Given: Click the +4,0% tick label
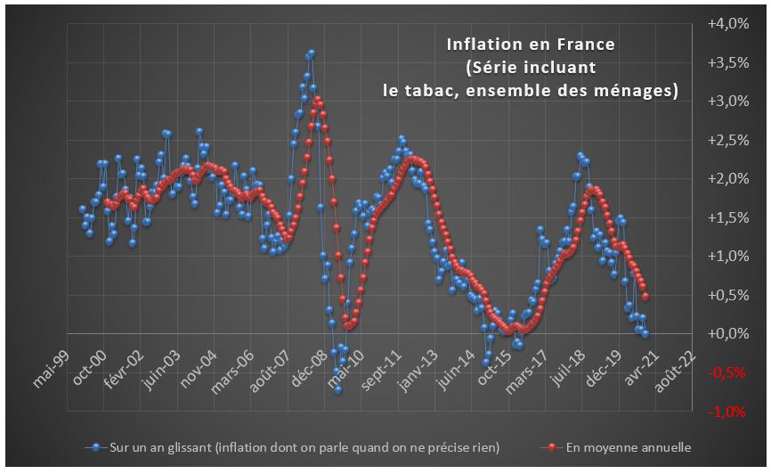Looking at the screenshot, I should [727, 24].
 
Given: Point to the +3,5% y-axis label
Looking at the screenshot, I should [727, 62].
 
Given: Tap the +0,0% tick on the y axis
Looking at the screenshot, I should [727, 333].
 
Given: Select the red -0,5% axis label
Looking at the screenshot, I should [729, 372].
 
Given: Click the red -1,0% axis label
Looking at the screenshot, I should [729, 411].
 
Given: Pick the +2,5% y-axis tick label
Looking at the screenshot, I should [727, 140].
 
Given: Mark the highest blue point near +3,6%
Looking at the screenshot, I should [311, 53].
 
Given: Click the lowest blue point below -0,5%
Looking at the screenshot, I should [338, 389].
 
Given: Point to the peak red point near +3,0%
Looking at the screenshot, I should [318, 99].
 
